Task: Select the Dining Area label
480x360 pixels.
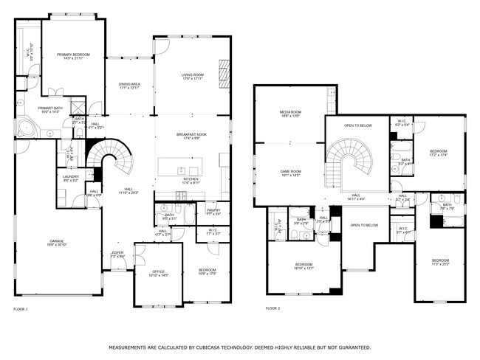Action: click(129, 86)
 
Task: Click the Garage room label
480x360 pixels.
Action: click(56, 243)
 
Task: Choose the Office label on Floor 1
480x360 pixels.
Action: click(159, 272)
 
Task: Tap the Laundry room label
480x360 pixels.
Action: click(70, 178)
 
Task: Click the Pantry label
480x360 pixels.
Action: click(213, 212)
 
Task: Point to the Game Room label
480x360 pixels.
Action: click(290, 173)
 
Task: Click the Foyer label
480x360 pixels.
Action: click(118, 255)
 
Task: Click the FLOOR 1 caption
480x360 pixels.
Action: click(21, 308)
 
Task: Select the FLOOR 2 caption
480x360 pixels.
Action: click(272, 308)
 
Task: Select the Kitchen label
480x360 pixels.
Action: click(191, 181)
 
